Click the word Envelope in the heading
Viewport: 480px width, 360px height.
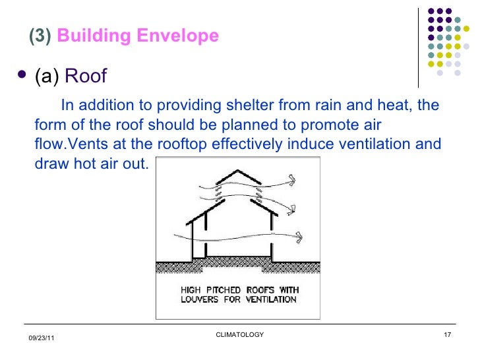click(178, 36)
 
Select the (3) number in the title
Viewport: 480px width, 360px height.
click(41, 36)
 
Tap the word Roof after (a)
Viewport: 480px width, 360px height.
click(86, 76)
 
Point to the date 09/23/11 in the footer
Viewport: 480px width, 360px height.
click(42, 338)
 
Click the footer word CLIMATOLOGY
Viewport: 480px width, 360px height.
click(240, 335)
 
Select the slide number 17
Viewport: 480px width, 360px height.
click(447, 335)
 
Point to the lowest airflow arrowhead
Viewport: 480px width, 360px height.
click(301, 235)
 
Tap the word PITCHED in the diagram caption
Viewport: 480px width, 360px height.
click(227, 290)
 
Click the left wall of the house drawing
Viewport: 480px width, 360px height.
click(192, 241)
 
